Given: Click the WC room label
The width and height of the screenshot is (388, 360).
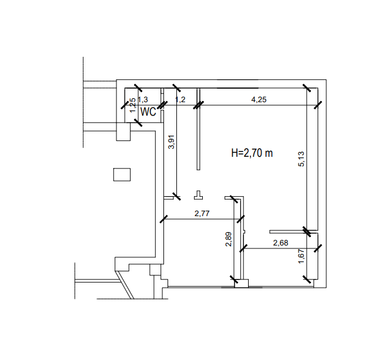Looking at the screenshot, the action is point(148,112).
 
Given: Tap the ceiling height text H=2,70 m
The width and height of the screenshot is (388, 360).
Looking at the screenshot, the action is point(252,153).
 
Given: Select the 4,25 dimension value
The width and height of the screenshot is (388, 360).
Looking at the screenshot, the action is point(259,99).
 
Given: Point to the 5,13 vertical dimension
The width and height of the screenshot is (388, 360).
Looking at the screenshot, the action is point(302,159).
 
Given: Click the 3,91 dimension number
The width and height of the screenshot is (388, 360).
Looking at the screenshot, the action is point(171,142).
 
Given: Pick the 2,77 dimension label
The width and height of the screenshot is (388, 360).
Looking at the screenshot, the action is point(202,213).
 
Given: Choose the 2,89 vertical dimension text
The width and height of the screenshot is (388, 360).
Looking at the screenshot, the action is point(229,239).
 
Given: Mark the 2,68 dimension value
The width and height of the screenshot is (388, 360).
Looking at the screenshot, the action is point(280,243).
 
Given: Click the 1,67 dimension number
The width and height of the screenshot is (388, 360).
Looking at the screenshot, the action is point(301,257).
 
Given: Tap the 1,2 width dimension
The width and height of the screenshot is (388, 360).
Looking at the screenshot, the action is point(180,99).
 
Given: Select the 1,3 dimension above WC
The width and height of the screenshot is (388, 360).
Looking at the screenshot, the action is point(143,99).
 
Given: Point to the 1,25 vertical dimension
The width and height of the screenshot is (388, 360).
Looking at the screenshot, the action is point(133,105).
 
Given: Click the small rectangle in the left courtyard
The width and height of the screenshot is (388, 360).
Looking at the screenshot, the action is point(122,174).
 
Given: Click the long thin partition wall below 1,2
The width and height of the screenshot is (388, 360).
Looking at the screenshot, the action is point(199,129).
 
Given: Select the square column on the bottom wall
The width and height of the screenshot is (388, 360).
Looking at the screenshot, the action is point(241,283).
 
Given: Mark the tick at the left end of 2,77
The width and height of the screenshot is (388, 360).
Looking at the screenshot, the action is point(163,219).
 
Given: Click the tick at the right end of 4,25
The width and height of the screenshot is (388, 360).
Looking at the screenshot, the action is point(318,105).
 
